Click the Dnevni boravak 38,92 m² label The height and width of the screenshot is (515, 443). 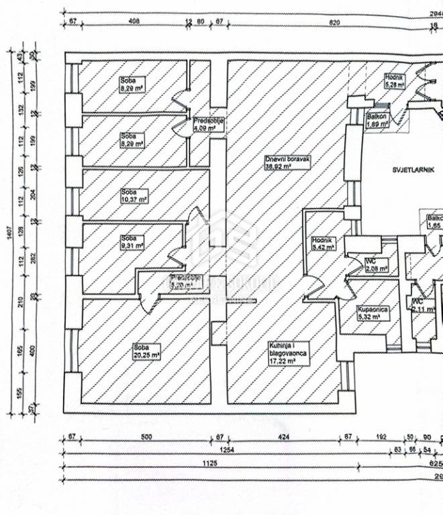[287, 163]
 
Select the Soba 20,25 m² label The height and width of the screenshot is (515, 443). [146, 351]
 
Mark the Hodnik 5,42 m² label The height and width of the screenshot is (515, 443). [323, 244]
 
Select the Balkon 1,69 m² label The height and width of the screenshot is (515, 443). [378, 120]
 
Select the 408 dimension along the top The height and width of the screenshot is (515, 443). [133, 22]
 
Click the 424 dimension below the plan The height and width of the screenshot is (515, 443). [284, 437]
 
